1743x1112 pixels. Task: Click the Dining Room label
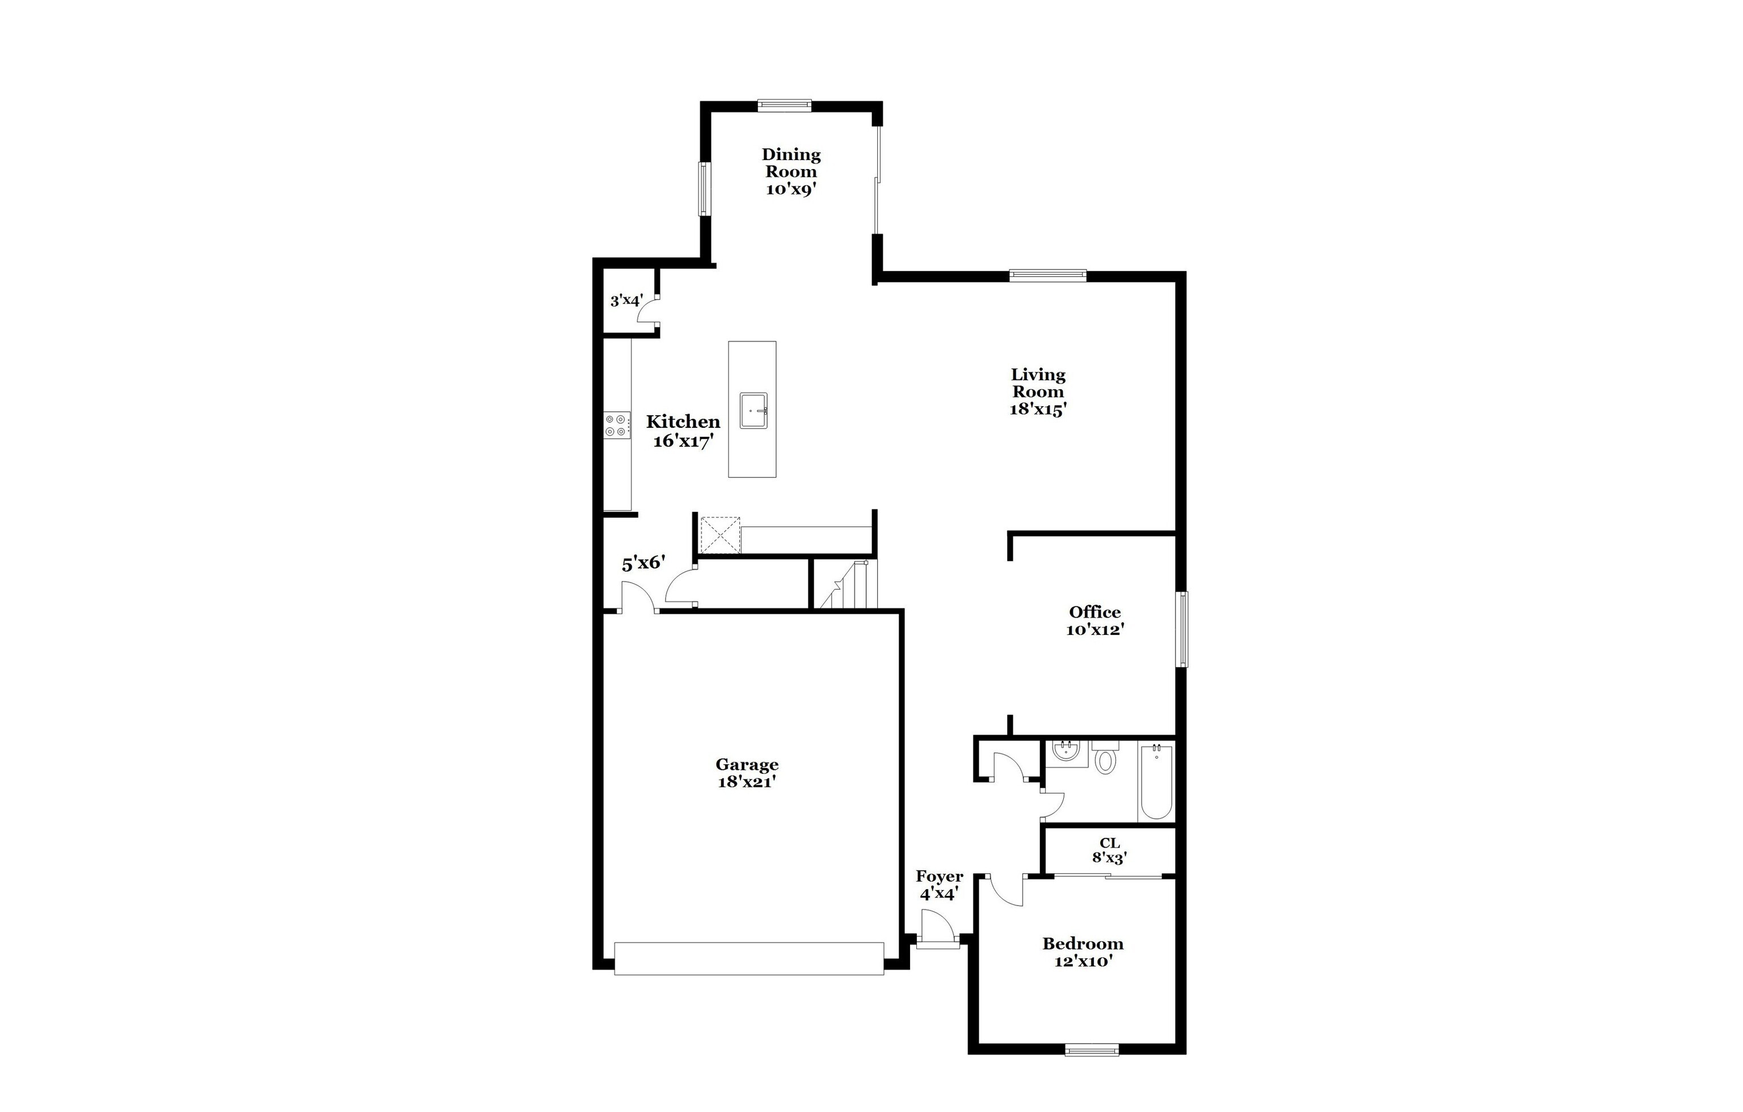pyautogui.click(x=791, y=163)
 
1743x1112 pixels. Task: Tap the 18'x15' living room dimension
pyautogui.click(x=1038, y=409)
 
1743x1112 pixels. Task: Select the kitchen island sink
pyautogui.click(x=753, y=411)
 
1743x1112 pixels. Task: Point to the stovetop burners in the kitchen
pyautogui.click(x=617, y=425)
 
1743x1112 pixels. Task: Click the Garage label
pyautogui.click(x=747, y=765)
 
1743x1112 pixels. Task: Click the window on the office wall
pyautogui.click(x=1181, y=629)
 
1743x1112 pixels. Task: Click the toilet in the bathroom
pyautogui.click(x=1105, y=758)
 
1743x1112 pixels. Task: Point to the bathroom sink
pyautogui.click(x=1065, y=752)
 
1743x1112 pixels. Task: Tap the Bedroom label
pyautogui.click(x=1083, y=944)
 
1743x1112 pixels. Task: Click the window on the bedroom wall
pyautogui.click(x=1092, y=1049)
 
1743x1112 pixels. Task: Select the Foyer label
pyautogui.click(x=939, y=877)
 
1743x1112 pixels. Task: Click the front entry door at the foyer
pyautogui.click(x=937, y=941)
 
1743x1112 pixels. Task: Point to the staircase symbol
pyautogui.click(x=846, y=585)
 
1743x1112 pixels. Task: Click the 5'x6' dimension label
pyautogui.click(x=643, y=562)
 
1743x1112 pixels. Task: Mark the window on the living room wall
pyautogui.click(x=1047, y=275)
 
